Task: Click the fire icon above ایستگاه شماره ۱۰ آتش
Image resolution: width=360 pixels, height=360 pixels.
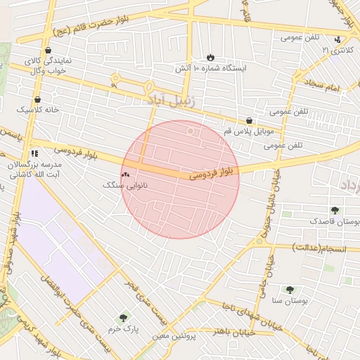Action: pyautogui.click(x=211, y=57)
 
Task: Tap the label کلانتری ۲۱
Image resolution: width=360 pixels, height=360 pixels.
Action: pyautogui.click(x=334, y=51)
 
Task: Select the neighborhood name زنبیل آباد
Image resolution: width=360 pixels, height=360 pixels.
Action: pyautogui.click(x=174, y=101)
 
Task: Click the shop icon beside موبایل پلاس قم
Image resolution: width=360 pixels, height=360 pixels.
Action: pyautogui.click(x=250, y=121)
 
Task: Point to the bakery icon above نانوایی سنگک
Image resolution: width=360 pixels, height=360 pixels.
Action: pyautogui.click(x=126, y=174)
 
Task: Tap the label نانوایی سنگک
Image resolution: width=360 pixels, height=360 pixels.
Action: pyautogui.click(x=126, y=185)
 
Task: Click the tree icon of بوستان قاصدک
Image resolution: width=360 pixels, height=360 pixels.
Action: pyautogui.click(x=335, y=210)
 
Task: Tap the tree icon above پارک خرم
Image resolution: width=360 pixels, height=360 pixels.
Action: pyautogui.click(x=124, y=318)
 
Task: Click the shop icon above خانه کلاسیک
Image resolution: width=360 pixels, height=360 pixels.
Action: pyautogui.click(x=37, y=100)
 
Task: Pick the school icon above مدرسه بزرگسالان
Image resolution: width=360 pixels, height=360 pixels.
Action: pyautogui.click(x=34, y=153)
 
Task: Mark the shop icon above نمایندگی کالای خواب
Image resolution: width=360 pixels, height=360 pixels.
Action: pyautogui.click(x=48, y=51)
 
